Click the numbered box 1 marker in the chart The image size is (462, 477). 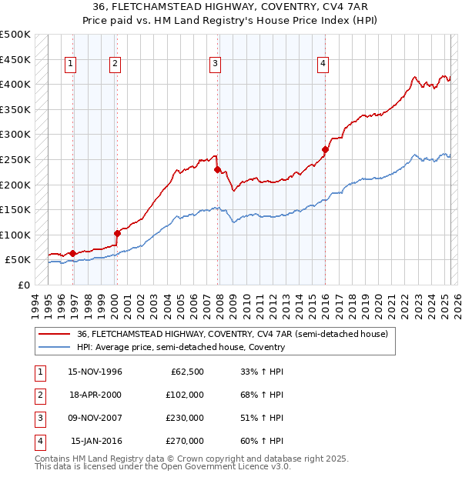click(x=70, y=64)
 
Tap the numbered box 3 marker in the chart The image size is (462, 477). click(x=215, y=64)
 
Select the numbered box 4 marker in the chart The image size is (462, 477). click(x=323, y=64)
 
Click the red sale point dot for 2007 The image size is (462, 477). click(x=218, y=169)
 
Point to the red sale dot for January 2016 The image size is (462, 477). click(x=325, y=149)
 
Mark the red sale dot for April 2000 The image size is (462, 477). click(x=117, y=233)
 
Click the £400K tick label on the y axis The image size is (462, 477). click(x=16, y=84)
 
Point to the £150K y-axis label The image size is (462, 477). click(x=16, y=209)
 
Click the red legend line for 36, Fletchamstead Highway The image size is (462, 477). click(x=55, y=334)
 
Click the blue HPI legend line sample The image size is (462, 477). click(x=55, y=347)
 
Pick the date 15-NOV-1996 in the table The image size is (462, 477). click(x=95, y=372)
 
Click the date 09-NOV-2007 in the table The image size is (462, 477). click(x=95, y=418)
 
